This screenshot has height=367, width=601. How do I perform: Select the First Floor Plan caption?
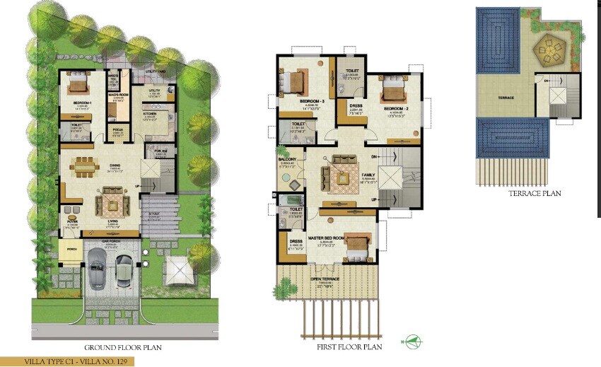[x=349, y=347]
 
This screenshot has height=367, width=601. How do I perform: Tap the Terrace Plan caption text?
[x=535, y=193]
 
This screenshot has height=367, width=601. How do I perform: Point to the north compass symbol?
[x=412, y=342]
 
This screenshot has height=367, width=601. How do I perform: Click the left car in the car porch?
[x=99, y=272]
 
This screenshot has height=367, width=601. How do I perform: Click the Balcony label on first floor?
[x=286, y=160]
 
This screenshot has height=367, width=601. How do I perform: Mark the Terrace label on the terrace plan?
[x=506, y=97]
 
